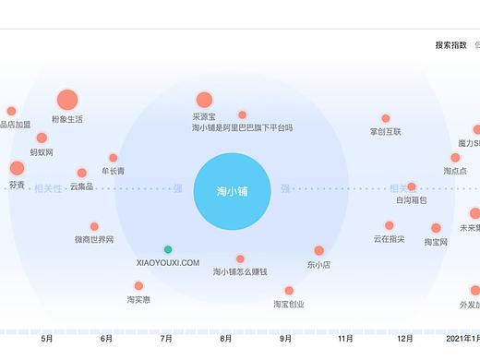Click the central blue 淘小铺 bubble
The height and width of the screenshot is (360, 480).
click(x=232, y=191)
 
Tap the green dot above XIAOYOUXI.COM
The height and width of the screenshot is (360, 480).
click(x=168, y=249)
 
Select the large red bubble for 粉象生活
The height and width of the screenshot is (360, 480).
click(x=66, y=101)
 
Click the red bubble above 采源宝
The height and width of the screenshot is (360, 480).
click(x=204, y=100)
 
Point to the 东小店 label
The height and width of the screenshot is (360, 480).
click(x=318, y=264)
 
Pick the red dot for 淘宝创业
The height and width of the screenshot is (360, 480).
click(x=289, y=290)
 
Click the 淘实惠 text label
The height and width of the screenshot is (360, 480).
click(x=138, y=299)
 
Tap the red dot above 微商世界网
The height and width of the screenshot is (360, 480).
click(x=94, y=226)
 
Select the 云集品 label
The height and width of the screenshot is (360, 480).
click(x=81, y=186)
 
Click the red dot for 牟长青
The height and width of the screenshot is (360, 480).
click(x=114, y=158)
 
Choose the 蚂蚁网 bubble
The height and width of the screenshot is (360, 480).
click(x=42, y=138)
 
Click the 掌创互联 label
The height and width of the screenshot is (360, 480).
click(x=386, y=132)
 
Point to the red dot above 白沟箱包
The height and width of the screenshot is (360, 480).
click(x=412, y=186)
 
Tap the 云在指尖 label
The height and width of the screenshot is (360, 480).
click(x=389, y=239)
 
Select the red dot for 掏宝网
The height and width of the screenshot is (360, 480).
click(x=436, y=228)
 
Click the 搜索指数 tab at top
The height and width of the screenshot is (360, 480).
click(x=452, y=44)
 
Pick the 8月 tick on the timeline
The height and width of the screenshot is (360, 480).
click(x=226, y=339)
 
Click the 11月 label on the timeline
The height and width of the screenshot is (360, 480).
click(x=346, y=339)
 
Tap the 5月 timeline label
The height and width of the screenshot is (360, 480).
click(x=47, y=339)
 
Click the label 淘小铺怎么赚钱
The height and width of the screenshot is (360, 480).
click(x=239, y=271)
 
